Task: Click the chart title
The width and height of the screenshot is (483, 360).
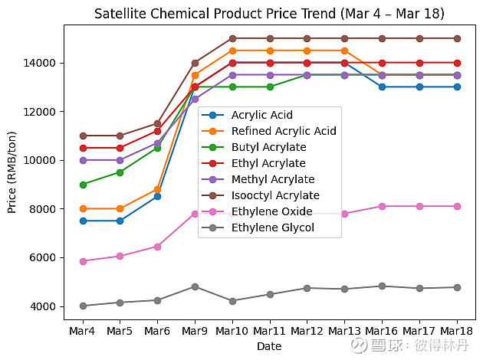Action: (269, 15)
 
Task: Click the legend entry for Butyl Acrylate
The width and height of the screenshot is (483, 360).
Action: (268, 147)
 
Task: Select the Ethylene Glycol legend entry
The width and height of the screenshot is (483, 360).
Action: (272, 227)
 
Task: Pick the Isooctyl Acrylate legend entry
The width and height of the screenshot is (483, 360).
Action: (275, 195)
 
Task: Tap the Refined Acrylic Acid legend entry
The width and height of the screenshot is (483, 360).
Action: (284, 131)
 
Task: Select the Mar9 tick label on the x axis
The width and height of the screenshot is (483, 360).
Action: (195, 331)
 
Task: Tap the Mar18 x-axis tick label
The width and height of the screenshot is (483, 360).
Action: (457, 331)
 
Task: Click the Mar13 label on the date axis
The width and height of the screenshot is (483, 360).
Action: (344, 331)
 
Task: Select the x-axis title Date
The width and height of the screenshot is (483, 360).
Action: (269, 346)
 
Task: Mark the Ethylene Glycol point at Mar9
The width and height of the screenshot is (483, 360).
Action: (195, 286)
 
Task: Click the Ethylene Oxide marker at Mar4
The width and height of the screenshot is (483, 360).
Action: (83, 261)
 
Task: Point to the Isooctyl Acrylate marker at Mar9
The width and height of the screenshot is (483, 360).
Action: (195, 63)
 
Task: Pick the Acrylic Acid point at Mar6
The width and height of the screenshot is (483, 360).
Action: (157, 196)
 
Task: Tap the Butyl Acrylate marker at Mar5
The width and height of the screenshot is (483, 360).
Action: (120, 172)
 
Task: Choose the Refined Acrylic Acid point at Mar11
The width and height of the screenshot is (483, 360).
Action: (270, 51)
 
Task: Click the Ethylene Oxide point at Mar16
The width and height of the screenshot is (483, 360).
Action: (382, 206)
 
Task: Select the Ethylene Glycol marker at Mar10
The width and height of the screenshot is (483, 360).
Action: (232, 301)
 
